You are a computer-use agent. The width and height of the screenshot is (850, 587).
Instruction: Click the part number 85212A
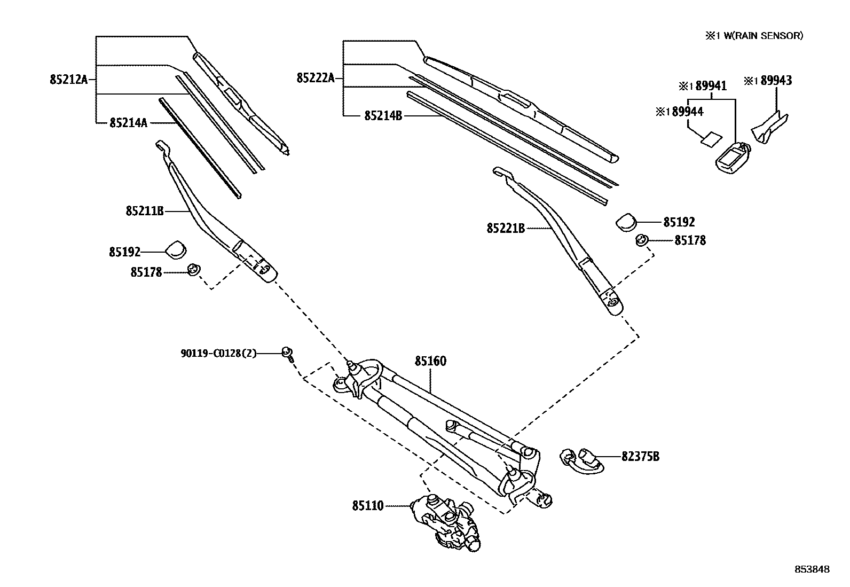tap(68, 80)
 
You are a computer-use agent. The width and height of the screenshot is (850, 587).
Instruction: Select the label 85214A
tap(128, 123)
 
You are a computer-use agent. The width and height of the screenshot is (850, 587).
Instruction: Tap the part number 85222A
tap(316, 79)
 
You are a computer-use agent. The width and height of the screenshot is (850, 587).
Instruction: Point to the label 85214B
tap(383, 115)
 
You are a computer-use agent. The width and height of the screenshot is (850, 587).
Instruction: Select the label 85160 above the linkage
tap(430, 362)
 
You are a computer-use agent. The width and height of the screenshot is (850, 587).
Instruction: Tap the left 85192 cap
tap(176, 249)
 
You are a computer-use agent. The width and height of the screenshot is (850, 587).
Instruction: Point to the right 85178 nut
tap(642, 240)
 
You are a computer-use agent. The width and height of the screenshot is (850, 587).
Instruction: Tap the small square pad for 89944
tap(710, 139)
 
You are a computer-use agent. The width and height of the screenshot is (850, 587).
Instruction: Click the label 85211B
tap(145, 211)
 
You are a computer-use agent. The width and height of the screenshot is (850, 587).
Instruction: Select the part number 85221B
tap(505, 229)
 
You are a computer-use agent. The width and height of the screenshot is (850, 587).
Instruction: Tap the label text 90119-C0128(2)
tap(218, 353)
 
